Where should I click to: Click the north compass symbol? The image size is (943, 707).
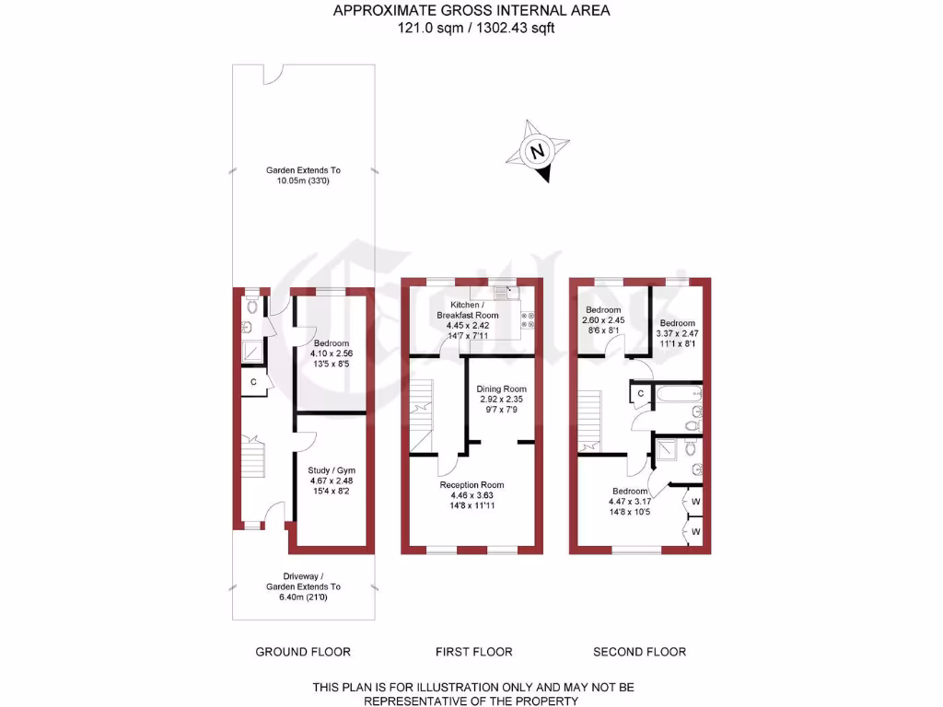[537, 150]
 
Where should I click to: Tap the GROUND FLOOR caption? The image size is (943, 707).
[303, 652]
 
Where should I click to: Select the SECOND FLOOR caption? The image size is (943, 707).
[639, 652]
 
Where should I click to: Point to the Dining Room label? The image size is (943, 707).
[501, 389]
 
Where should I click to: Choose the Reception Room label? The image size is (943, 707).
[471, 485]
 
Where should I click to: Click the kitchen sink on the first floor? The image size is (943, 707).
[506, 293]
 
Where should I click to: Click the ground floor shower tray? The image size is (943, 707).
[251, 351]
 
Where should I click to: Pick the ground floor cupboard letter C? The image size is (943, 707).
[251, 382]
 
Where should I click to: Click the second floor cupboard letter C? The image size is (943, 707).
[640, 394]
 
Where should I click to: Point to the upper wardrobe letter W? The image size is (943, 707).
[694, 502]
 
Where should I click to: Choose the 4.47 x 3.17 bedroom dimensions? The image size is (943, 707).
[631, 502]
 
